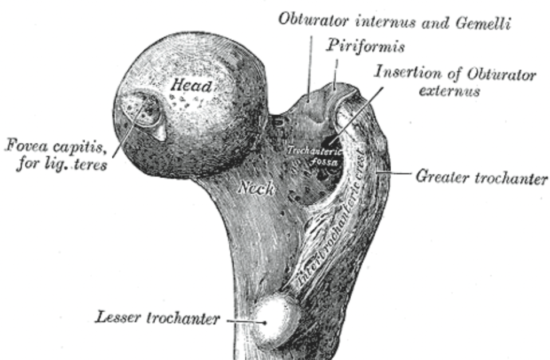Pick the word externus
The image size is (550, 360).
click(449, 92)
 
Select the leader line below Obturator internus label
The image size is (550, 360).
click(311, 63)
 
